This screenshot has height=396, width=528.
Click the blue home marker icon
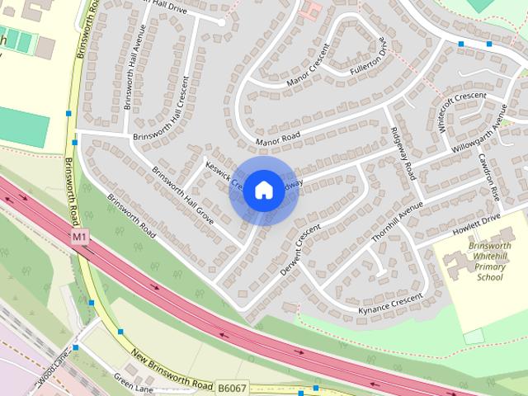tap(263, 190)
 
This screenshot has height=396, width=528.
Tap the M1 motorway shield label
tap(79, 237)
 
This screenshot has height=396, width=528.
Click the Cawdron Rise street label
tap(488, 181)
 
